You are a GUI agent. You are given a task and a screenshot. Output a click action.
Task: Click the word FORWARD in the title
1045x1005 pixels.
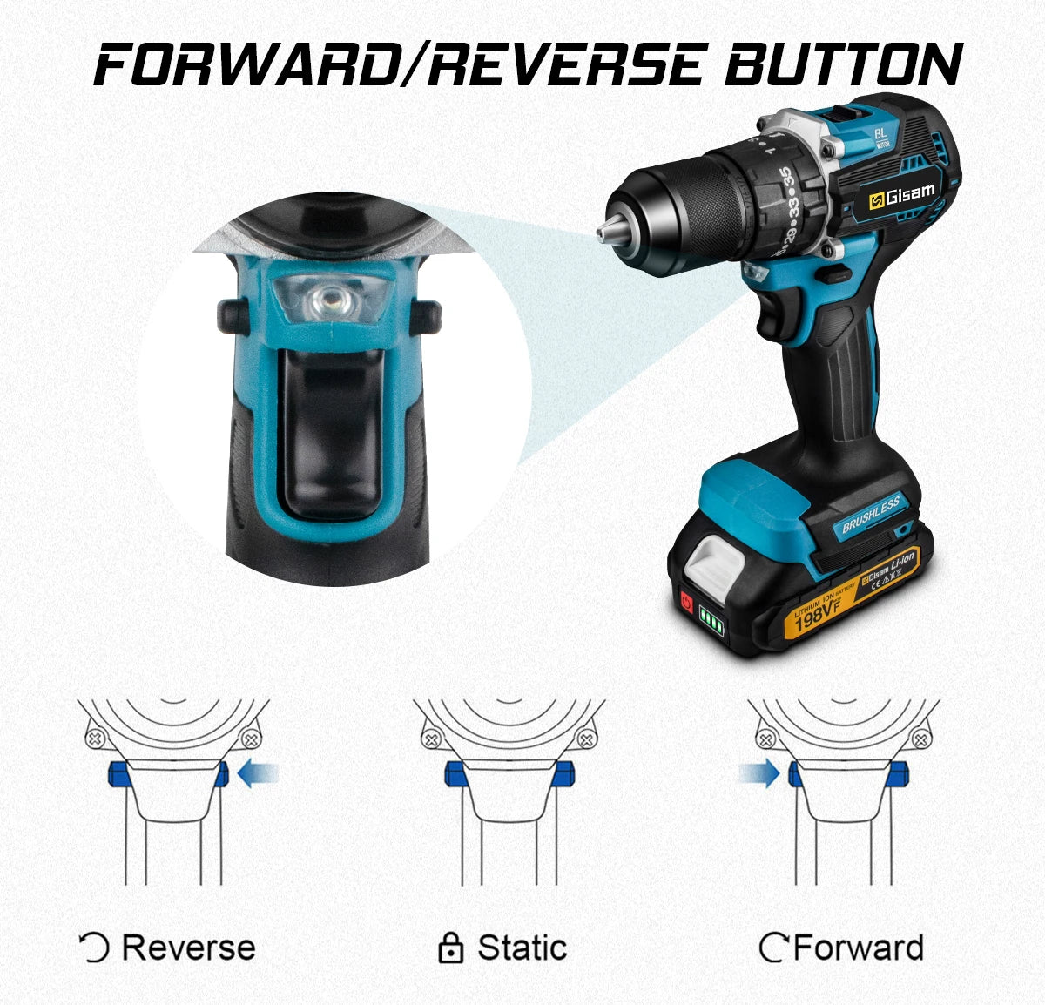(x=244, y=64)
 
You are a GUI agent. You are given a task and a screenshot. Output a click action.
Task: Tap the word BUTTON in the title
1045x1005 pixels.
(x=843, y=64)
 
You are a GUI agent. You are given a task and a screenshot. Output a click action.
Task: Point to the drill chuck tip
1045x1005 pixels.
(x=603, y=233)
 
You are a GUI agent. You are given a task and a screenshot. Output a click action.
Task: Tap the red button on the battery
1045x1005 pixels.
(x=687, y=602)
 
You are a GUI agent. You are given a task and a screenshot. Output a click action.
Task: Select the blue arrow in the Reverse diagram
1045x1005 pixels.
(x=259, y=773)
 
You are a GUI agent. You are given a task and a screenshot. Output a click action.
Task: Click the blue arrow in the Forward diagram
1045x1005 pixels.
(x=758, y=773)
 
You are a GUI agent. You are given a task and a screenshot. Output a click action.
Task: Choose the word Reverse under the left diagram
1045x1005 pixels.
(x=189, y=948)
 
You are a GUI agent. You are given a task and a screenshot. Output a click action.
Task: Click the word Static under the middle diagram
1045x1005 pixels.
(x=522, y=948)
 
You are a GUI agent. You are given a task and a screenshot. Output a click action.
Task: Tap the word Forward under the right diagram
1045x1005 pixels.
(x=859, y=948)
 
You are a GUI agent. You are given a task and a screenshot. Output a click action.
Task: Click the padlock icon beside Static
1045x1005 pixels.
(x=450, y=948)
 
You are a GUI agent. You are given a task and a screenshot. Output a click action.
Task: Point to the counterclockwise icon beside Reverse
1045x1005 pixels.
(x=94, y=948)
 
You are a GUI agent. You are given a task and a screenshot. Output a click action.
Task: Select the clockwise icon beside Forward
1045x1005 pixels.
(x=773, y=948)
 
